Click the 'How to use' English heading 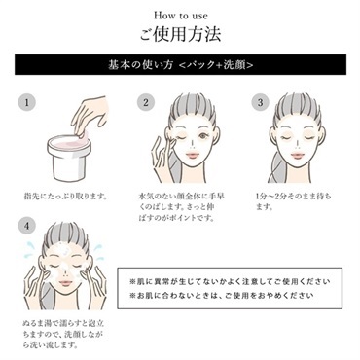pos(179,15)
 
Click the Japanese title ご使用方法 pos(179,37)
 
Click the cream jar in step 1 pos(71,155)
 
